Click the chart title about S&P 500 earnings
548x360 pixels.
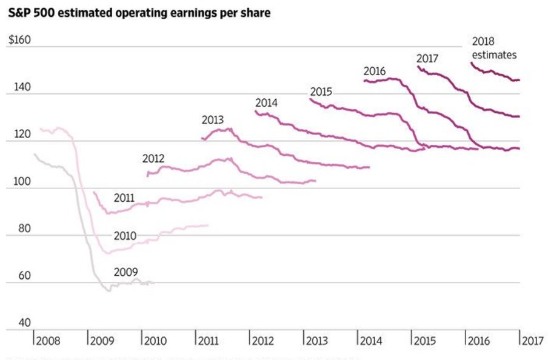[139, 13]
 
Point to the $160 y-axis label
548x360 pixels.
[19, 41]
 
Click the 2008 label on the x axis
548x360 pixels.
[48, 341]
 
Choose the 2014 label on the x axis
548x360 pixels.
[372, 341]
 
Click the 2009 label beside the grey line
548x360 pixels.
[125, 272]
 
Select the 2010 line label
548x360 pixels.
[125, 236]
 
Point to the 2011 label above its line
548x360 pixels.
[124, 198]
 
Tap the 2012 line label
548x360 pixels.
[153, 159]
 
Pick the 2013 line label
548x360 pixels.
[213, 120]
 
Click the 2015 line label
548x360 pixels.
[321, 92]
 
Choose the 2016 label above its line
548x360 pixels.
[375, 71]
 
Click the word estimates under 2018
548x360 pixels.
[494, 55]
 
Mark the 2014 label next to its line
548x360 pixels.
[266, 102]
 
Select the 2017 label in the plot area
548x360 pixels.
[427, 58]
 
